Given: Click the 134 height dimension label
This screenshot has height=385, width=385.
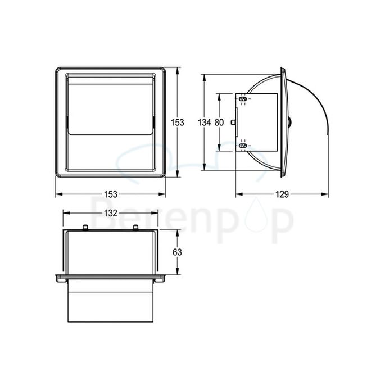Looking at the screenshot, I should pyautogui.click(x=205, y=123).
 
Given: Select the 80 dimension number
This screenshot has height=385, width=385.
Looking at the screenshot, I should pyautogui.click(x=219, y=123).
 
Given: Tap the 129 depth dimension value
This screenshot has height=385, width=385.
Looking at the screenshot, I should pyautogui.click(x=282, y=194).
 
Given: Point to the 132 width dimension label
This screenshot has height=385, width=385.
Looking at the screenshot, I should pyautogui.click(x=110, y=213).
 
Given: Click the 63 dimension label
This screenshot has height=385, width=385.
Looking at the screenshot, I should pyautogui.click(x=176, y=252).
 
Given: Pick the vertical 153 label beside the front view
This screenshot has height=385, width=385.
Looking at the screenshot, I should pyautogui.click(x=178, y=123).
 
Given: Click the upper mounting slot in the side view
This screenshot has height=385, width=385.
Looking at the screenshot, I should pyautogui.click(x=243, y=98).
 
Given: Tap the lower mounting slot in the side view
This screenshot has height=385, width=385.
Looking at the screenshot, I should pyautogui.click(x=243, y=146).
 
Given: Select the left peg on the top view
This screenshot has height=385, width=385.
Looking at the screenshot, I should pyautogui.click(x=84, y=227).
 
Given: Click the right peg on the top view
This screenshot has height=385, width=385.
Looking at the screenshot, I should pyautogui.click(x=135, y=227).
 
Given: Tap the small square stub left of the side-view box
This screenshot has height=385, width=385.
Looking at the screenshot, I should pyautogui.click(x=233, y=126).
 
